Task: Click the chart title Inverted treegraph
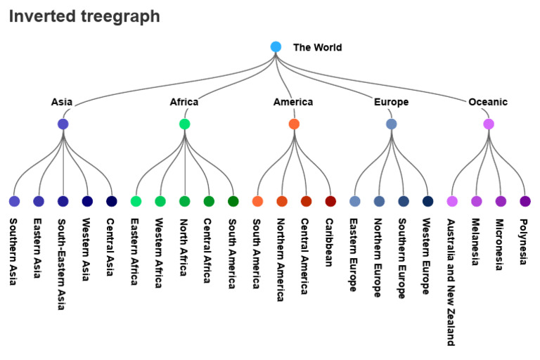pos(84,16)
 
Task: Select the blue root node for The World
pos(276,47)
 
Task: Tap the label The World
pos(317,48)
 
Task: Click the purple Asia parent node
pos(63,124)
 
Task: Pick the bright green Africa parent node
pos(184,124)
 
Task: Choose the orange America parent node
pos(294,124)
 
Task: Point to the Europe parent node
pos(392,124)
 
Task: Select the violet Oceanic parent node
pos(489,124)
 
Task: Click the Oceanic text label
pos(488,102)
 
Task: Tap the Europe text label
pos(391,102)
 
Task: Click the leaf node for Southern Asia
pos(14,201)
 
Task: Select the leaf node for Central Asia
pos(111,201)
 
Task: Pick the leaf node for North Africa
pos(185,201)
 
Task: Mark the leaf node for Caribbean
pos(330,201)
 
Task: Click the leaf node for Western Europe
pos(427,201)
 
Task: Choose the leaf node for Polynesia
pos(525,201)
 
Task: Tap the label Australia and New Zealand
pos(451,281)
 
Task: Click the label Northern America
pos(281,259)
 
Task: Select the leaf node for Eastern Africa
pos(136,201)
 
